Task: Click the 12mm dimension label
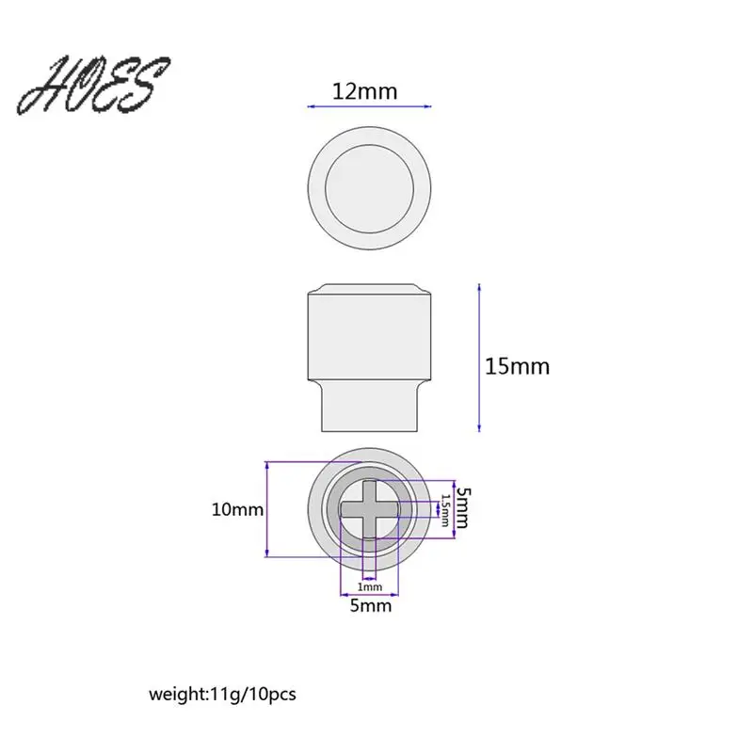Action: pyautogui.click(x=365, y=91)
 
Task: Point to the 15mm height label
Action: pyautogui.click(x=517, y=365)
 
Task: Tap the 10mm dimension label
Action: pyautogui.click(x=236, y=509)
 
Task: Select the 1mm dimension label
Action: pyautogui.click(x=370, y=586)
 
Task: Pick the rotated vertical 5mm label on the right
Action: pyautogui.click(x=462, y=507)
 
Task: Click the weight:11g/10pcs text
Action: pyautogui.click(x=222, y=695)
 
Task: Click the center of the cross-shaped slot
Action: pyautogui.click(x=370, y=508)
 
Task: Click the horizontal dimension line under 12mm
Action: pyautogui.click(x=369, y=108)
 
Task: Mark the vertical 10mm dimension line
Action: pyautogui.click(x=268, y=509)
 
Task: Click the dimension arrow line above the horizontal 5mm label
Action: pyautogui.click(x=370, y=594)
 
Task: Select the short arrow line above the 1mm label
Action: pyautogui.click(x=370, y=578)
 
